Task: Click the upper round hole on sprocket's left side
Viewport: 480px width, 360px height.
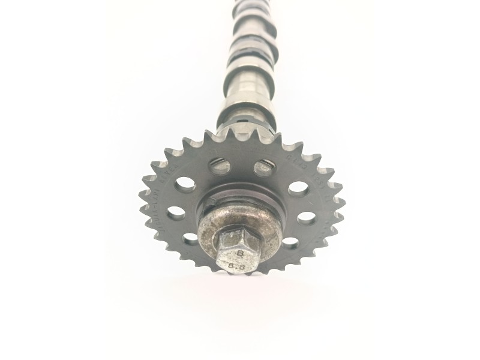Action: tap(184, 185)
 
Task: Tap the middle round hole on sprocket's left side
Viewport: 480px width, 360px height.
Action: tap(176, 212)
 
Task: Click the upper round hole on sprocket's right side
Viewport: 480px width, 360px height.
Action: tap(298, 187)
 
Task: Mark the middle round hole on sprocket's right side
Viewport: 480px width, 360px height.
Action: tap(305, 217)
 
